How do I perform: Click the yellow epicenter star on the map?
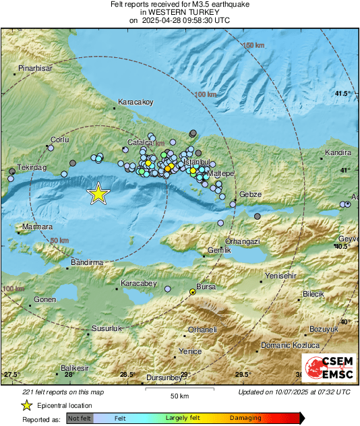click(98, 193)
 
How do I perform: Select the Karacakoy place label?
click(136, 102)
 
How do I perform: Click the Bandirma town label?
click(87, 262)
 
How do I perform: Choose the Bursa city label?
click(206, 286)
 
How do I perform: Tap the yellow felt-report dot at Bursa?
click(193, 292)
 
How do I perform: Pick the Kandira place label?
click(338, 153)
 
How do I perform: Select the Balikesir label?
click(75, 368)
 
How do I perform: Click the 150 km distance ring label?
click(253, 45)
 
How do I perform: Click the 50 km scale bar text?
click(179, 395)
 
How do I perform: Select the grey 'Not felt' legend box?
click(79, 418)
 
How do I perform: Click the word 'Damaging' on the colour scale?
click(245, 418)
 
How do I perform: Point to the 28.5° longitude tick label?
click(127, 375)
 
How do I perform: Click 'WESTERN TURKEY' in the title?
click(180, 12)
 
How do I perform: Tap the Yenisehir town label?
click(281, 276)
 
